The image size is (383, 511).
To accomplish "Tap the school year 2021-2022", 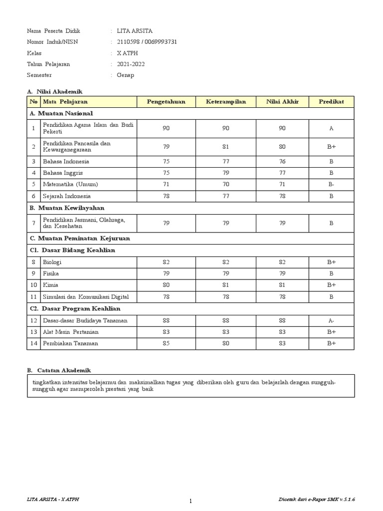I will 131,64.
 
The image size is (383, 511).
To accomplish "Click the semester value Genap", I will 126,75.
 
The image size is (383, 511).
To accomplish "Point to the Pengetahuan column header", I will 166,102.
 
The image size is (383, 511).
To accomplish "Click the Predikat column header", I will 331,102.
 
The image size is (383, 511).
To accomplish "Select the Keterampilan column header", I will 226,102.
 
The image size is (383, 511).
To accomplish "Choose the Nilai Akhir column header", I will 282,102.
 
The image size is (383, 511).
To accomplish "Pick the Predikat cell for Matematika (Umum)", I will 331,184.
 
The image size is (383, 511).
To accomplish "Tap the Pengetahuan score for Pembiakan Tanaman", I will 166,343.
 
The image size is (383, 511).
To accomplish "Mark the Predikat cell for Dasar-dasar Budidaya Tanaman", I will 331,320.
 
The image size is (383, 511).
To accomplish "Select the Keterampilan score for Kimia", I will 226,285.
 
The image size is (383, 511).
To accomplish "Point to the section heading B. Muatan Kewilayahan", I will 67,208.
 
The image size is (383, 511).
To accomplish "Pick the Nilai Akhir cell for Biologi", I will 282,262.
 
